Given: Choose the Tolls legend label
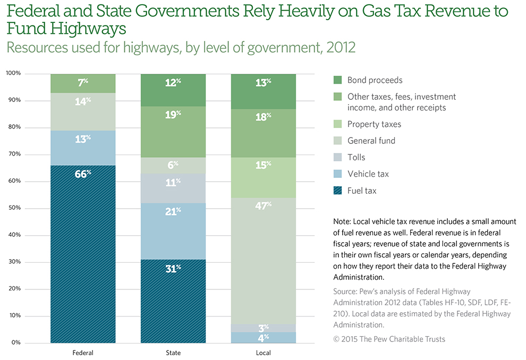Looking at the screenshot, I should (356, 157).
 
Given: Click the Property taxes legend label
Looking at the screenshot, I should (374, 124).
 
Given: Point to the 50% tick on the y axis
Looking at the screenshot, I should (15, 208).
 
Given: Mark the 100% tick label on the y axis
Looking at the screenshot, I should (14, 73).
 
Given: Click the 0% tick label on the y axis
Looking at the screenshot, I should (17, 343).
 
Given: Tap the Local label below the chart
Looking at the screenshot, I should (263, 353).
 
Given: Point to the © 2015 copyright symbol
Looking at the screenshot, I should (337, 339).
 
